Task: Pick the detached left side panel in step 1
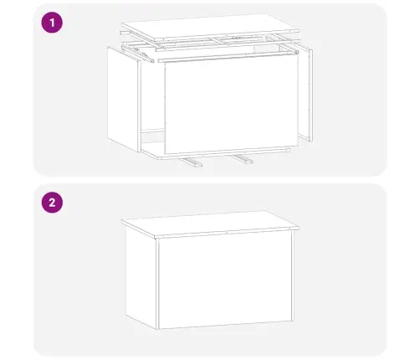[x=124, y=96]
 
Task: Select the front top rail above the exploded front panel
[x=222, y=52]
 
